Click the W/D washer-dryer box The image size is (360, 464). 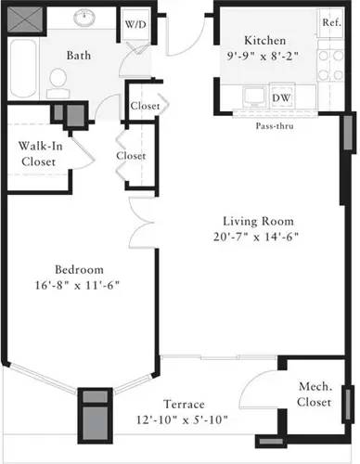click(135, 24)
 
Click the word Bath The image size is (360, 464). click(78, 56)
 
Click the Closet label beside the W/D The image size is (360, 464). click(144, 106)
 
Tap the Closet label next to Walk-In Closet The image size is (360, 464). click(131, 156)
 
